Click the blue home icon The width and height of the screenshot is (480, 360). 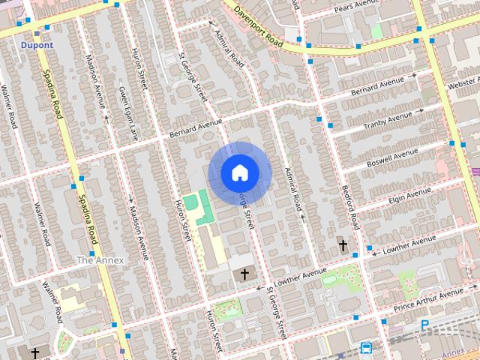tap(238, 172)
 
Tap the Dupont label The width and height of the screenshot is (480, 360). tap(37, 45)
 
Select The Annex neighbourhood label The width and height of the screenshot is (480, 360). tap(100, 259)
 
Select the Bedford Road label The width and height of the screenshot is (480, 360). tap(351, 206)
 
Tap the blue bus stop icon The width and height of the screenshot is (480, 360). tap(366, 348)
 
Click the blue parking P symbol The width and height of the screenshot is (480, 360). tap(424, 325)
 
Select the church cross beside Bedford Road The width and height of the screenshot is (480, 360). tap(343, 244)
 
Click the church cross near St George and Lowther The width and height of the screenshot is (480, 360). tap(244, 275)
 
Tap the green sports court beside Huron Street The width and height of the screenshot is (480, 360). tap(193, 202)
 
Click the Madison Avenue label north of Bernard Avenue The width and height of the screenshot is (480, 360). tap(94, 82)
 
